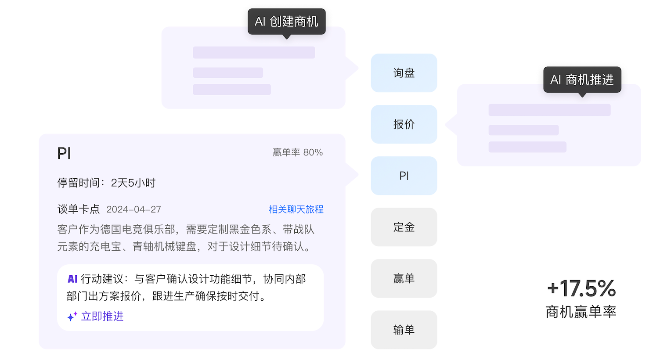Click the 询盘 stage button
404,73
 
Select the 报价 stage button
404,124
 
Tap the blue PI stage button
404,176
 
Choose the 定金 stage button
404,227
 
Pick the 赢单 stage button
404,278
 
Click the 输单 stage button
404,330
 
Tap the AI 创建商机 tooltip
287,22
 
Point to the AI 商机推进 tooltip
582,79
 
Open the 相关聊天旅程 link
296,209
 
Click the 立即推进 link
102,316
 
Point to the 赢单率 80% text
298,152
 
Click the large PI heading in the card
64,153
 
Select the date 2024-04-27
133,209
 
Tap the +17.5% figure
581,288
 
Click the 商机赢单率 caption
581,312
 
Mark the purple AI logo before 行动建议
72,279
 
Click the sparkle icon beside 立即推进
72,316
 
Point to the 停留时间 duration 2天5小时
133,183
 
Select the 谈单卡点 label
79,209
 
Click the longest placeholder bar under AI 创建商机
254,52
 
